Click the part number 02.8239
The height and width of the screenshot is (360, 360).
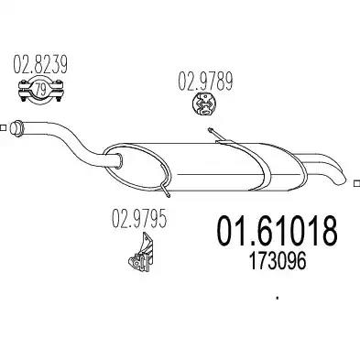coord(40,64)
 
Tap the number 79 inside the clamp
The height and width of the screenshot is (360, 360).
coord(40,90)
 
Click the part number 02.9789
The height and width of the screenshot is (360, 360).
coord(205,81)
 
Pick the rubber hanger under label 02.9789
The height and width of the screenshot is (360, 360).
coord(203,104)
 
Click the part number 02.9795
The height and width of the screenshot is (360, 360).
coord(139,218)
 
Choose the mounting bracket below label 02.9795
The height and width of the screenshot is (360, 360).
coord(141,253)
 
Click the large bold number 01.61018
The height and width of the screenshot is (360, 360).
coord(277,231)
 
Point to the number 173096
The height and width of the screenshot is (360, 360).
coord(278,262)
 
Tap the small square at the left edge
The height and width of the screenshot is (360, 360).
coord(3,127)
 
